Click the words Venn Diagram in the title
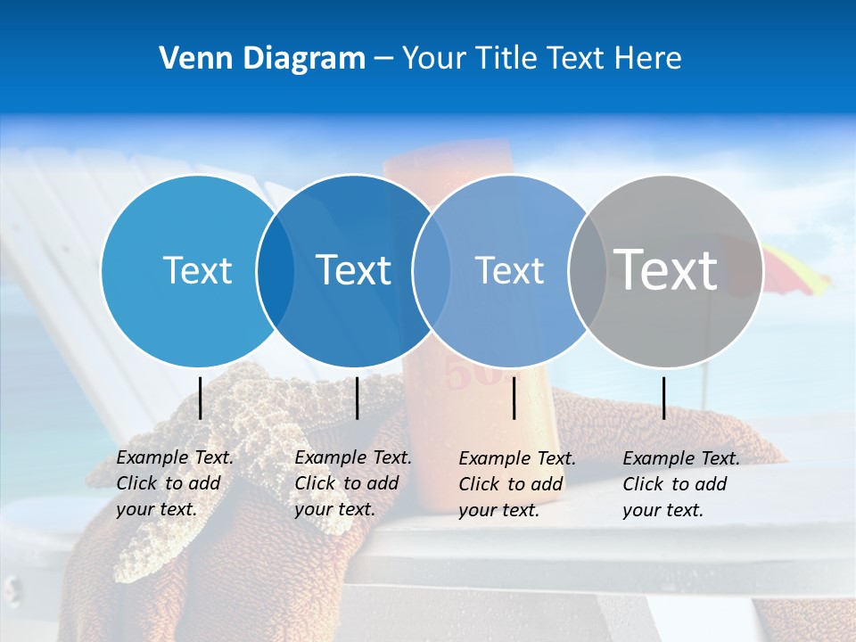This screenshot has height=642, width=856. [262, 59]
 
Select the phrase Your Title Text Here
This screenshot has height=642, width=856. [541, 59]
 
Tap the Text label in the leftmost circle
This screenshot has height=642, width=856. [197, 270]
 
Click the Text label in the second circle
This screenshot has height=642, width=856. [353, 270]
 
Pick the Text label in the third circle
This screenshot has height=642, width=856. [509, 270]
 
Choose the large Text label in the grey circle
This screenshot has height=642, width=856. [665, 268]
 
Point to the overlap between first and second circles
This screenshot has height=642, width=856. [276, 271]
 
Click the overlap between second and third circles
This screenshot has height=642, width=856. [431, 271]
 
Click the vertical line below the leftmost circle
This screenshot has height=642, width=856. [201, 398]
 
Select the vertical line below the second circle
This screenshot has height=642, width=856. [357, 398]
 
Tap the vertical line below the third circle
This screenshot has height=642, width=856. [514, 398]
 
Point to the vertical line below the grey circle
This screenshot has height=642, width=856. [663, 398]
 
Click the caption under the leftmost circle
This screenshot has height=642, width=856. [174, 483]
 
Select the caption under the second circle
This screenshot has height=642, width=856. [352, 483]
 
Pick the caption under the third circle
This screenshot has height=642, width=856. [516, 484]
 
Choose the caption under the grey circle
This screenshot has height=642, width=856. [680, 484]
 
